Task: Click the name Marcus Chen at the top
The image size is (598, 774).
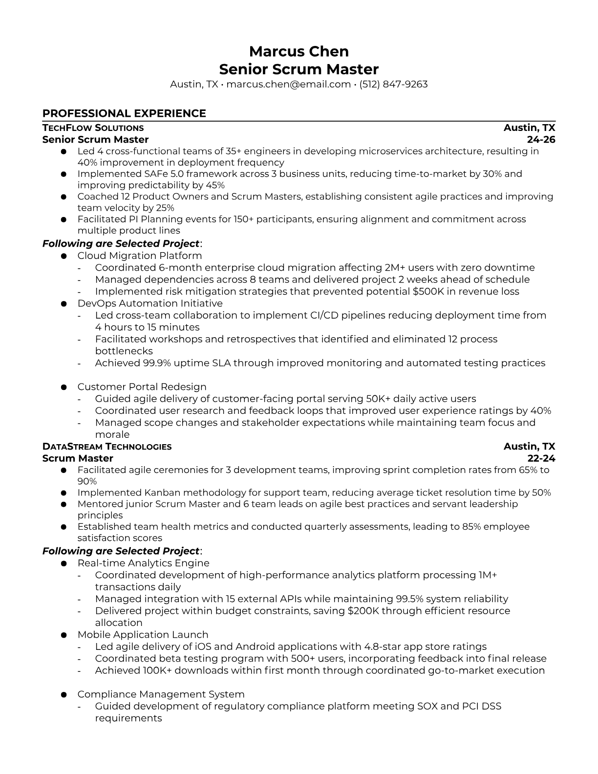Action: [299, 51]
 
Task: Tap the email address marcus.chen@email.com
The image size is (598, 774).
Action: [288, 84]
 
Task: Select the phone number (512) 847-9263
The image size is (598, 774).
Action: [393, 84]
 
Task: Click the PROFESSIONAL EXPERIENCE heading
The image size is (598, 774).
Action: [124, 113]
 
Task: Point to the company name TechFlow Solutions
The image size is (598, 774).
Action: [93, 128]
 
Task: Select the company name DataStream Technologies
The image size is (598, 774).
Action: [107, 447]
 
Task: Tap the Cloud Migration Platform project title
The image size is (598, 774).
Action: [139, 256]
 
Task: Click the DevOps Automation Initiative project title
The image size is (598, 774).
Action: [150, 303]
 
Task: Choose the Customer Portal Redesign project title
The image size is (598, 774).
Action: [142, 387]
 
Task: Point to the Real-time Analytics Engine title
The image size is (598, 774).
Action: [143, 563]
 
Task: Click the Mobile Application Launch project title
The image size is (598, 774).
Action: [143, 635]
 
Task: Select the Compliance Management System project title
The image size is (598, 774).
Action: [161, 694]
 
